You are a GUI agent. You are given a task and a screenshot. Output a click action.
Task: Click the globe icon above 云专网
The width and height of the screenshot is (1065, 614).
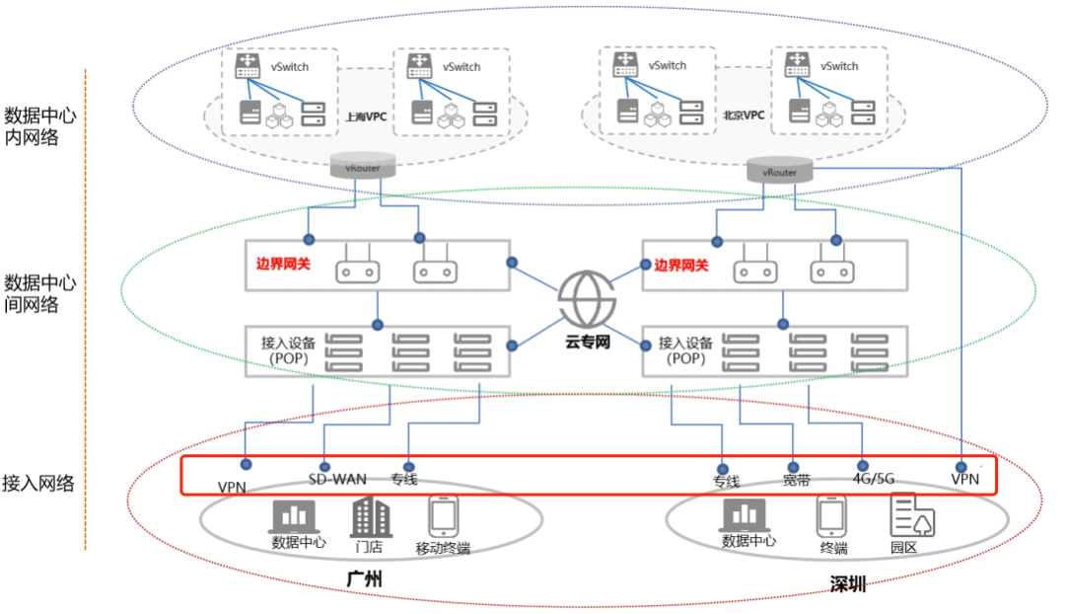(589, 296)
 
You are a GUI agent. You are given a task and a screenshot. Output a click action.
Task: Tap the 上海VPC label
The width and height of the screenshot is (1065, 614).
(366, 116)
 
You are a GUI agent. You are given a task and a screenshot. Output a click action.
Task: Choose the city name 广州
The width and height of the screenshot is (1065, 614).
(364, 578)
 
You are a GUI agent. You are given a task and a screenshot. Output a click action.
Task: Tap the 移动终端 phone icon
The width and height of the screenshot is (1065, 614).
(443, 515)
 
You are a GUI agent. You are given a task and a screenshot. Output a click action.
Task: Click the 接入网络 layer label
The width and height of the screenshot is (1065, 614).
(38, 484)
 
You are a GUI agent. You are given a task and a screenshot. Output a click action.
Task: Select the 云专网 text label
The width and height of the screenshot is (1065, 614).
(589, 344)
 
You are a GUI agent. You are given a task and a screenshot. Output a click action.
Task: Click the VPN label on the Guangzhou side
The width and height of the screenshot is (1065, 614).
(233, 487)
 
